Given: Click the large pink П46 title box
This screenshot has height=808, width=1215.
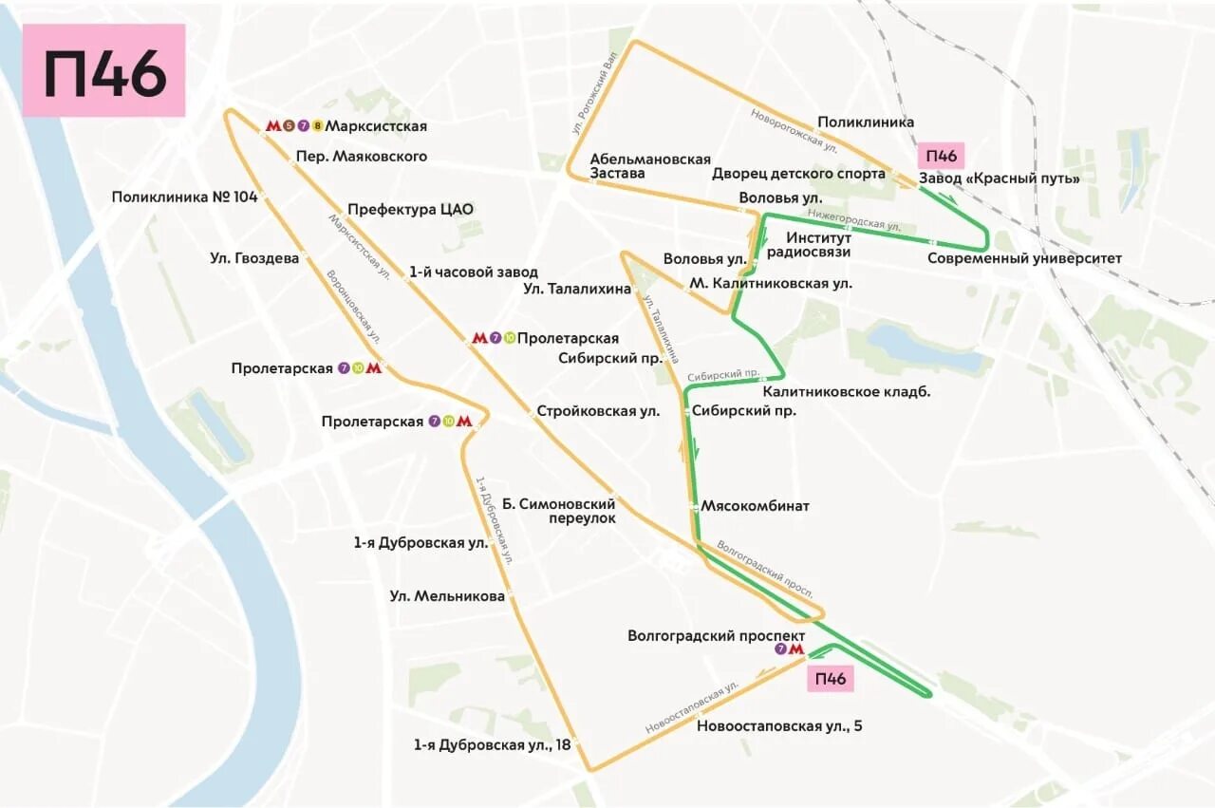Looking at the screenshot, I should pyautogui.click(x=103, y=71).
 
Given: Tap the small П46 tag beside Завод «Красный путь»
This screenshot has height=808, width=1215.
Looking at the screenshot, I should pyautogui.click(x=941, y=156).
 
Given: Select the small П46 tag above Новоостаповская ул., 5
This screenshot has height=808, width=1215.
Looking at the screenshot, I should pyautogui.click(x=830, y=678).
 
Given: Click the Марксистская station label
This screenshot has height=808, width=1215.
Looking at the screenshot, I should pyautogui.click(x=376, y=126).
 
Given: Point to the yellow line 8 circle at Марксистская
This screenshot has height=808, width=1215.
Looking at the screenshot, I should pyautogui.click(x=318, y=126).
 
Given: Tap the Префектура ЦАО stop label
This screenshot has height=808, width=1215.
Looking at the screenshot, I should pyautogui.click(x=410, y=210).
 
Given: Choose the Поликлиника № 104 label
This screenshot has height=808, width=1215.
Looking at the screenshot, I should pyautogui.click(x=184, y=197).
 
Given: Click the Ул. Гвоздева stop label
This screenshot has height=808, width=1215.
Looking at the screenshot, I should pyautogui.click(x=254, y=258).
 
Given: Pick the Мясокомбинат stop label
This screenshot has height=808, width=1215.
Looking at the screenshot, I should pyautogui.click(x=755, y=506).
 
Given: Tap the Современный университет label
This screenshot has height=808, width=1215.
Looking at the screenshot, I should pyautogui.click(x=1024, y=258).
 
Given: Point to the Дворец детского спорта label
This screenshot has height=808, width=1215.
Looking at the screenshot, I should pyautogui.click(x=798, y=174).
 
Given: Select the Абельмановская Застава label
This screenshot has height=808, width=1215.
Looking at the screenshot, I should pyautogui.click(x=650, y=166).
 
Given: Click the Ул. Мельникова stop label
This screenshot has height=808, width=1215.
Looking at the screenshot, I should pyautogui.click(x=447, y=596).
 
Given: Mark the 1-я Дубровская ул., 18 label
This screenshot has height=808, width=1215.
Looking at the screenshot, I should pyautogui.click(x=492, y=745).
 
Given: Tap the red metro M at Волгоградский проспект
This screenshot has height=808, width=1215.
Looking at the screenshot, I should pyautogui.click(x=796, y=650).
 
